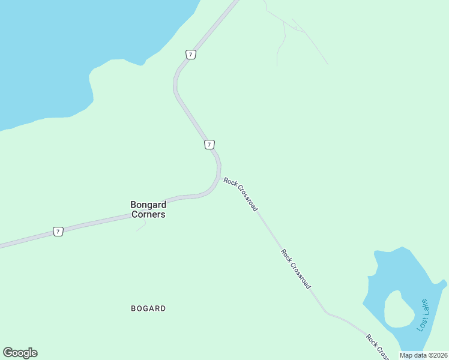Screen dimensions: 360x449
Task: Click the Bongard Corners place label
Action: [148, 209]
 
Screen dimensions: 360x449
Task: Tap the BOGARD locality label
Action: [148, 308]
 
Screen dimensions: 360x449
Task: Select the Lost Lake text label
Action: [423, 314]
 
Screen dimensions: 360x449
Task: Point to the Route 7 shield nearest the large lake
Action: [190, 55]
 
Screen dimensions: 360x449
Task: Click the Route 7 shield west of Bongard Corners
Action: [58, 231]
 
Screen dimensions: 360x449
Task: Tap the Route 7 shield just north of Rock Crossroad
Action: [209, 145]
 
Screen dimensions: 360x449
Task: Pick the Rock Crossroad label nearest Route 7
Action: [241, 194]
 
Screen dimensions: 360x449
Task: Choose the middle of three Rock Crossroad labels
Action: [296, 269]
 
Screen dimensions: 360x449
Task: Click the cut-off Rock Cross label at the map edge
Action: [377, 346]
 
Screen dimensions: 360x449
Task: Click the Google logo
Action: [20, 353]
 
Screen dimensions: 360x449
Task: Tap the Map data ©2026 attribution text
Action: [424, 355]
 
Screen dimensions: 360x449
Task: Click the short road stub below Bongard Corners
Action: [141, 226]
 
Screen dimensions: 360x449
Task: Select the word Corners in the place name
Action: [148, 214]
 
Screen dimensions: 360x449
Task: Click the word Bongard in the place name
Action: [148, 205]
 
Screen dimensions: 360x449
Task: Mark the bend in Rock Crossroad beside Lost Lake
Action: [327, 313]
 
